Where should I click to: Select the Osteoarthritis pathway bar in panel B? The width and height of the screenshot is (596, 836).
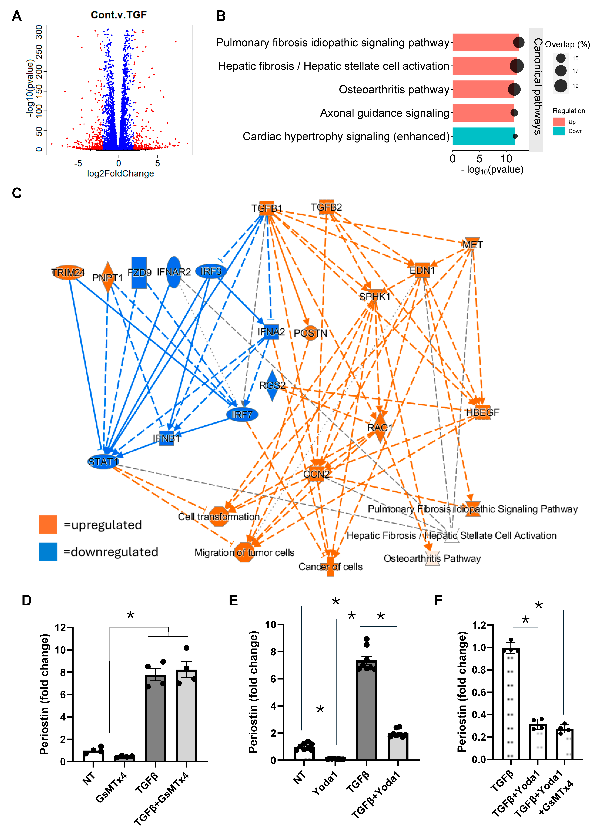483,89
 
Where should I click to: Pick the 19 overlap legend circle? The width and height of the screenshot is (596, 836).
560,86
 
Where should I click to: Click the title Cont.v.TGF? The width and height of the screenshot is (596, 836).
119,15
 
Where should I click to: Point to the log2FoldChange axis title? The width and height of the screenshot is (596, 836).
120,173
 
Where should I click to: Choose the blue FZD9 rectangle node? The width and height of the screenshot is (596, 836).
139,272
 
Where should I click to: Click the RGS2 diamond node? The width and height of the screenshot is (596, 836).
272,386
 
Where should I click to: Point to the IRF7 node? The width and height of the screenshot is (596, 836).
242,414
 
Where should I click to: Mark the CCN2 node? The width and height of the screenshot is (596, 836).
316,474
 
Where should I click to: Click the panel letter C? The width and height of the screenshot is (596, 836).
17,193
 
